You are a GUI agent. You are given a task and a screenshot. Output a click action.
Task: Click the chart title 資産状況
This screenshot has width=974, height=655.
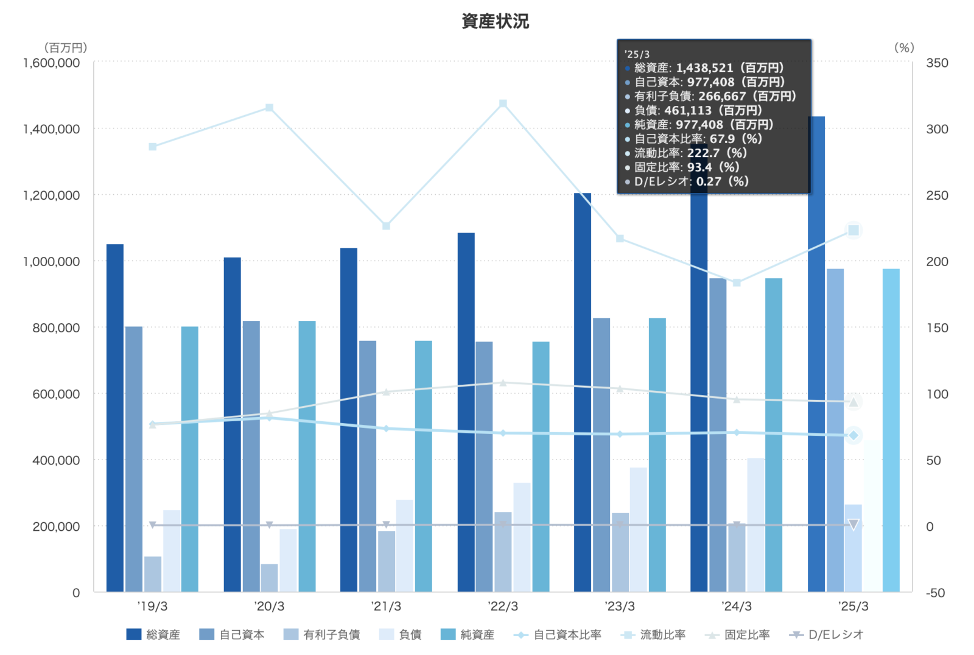pos(495,21)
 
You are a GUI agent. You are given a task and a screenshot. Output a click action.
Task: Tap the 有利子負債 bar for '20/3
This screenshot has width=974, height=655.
pos(269,578)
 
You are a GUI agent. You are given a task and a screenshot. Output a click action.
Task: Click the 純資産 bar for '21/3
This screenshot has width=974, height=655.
pos(424,466)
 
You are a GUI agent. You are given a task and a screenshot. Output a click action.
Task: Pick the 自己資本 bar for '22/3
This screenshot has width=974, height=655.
pos(484,466)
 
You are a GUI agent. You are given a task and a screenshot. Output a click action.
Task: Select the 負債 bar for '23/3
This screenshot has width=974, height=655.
pos(639,529)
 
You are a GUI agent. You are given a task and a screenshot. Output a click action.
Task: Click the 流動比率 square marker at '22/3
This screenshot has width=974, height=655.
pos(503,103)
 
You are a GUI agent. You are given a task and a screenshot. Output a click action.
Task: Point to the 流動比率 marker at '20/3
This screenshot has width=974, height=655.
pos(269,108)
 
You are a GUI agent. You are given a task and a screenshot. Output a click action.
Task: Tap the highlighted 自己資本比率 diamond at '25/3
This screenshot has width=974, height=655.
pos(853,435)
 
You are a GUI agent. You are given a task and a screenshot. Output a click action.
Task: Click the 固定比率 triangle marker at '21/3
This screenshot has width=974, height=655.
pos(386,392)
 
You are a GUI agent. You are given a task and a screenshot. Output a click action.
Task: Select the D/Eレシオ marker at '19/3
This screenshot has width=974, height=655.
pos(152,525)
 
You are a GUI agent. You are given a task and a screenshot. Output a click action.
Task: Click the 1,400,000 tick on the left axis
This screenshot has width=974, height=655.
pos(51,129)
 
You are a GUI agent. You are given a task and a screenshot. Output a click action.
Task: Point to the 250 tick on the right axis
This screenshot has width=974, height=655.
pos(937,195)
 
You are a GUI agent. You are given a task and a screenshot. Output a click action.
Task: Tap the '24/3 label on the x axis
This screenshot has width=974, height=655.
pos(737,606)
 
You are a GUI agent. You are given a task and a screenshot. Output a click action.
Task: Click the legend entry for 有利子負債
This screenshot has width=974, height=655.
pos(322,634)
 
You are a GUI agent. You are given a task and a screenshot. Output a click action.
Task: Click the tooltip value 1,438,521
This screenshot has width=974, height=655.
pos(704,68)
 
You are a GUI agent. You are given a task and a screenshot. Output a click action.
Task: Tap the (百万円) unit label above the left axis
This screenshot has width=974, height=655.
pos(65,48)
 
